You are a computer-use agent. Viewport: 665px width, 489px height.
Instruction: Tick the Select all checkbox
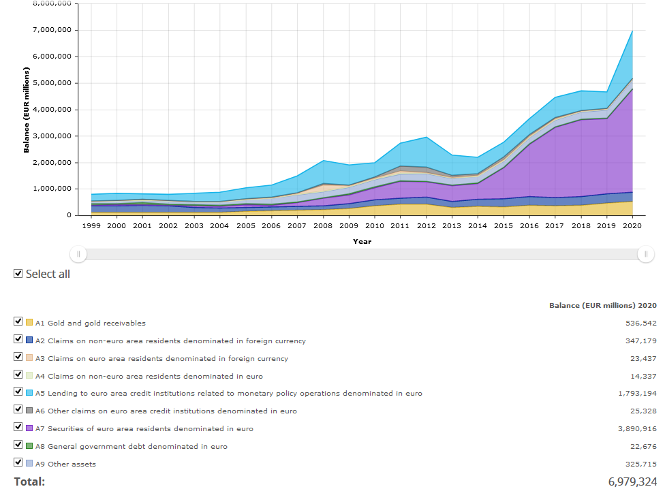18,273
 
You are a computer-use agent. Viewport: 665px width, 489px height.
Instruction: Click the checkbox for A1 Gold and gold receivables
18,321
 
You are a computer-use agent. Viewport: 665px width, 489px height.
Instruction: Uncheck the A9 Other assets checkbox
18,462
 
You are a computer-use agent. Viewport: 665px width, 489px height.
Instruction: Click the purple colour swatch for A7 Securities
29,428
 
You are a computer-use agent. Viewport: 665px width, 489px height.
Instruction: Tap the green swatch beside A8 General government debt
29,446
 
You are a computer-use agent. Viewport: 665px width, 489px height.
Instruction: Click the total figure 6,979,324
632,482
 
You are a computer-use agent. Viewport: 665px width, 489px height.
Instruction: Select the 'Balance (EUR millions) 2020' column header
602,305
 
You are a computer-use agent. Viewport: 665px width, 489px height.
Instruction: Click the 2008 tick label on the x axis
323,225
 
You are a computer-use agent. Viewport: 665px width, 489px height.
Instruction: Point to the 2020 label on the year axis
632,225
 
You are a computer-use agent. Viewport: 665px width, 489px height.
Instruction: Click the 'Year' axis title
362,241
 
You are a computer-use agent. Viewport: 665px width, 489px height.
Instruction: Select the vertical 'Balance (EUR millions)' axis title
27,110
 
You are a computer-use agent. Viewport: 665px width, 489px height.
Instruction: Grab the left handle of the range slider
78,254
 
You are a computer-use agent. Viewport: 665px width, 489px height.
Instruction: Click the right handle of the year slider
645,254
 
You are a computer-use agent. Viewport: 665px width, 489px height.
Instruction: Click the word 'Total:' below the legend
29,482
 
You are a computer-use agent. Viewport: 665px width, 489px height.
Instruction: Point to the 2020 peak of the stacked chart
632,31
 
